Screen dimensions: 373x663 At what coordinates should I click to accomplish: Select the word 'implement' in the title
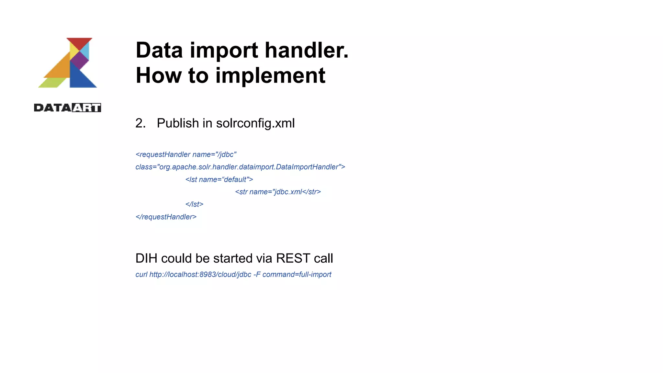click(270, 76)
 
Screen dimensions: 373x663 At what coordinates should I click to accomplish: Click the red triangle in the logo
click(79, 42)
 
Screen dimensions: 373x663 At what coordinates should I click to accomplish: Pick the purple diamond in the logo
click(79, 60)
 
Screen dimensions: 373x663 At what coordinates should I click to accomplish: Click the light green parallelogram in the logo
click(52, 83)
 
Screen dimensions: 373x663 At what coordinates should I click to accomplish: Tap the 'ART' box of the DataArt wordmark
click(86, 108)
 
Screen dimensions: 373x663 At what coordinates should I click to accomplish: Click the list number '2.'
click(140, 123)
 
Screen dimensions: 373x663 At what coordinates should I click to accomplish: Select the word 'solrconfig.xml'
click(255, 123)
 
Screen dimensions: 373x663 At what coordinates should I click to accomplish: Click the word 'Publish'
click(178, 123)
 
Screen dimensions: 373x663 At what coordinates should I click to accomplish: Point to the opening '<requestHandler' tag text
click(163, 155)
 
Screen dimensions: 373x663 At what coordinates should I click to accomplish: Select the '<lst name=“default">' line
click(219, 180)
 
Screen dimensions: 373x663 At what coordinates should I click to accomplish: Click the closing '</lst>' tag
click(194, 204)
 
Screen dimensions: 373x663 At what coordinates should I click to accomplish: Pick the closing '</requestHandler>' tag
click(166, 217)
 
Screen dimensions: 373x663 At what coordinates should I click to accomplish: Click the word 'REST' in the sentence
click(293, 258)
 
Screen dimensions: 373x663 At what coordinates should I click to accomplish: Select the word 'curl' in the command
click(141, 275)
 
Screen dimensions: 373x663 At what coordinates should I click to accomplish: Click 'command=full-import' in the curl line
click(297, 275)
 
